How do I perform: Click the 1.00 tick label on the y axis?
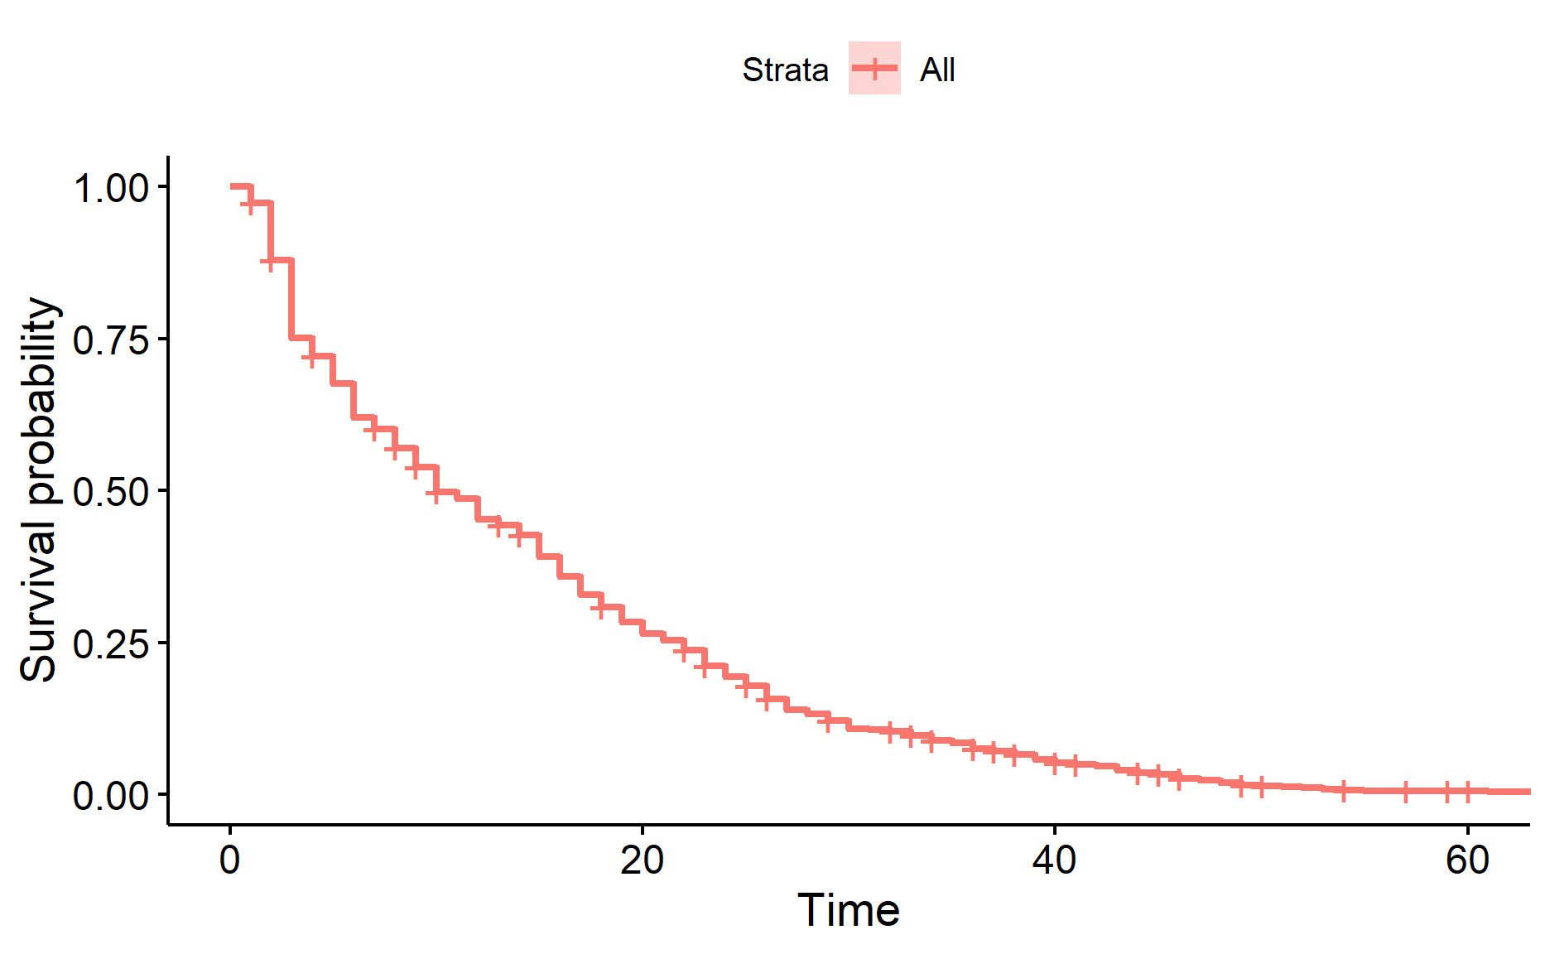111,188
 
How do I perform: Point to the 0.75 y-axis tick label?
111,340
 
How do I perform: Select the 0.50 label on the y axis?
111,492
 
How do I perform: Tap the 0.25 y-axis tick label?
111,643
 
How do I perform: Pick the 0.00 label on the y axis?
111,796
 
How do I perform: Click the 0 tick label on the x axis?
230,861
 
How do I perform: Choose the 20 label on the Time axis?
643,861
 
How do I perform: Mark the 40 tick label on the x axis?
1055,861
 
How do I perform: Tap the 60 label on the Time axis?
1467,861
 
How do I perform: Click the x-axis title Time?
848,911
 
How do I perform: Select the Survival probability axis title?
40,490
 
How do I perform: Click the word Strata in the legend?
785,70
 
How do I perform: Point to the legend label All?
937,70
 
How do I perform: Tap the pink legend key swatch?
874,68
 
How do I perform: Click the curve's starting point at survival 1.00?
232,186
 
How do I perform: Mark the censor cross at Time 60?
1467,792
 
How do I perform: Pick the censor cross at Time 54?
1344,790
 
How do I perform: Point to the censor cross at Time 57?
1405,792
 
